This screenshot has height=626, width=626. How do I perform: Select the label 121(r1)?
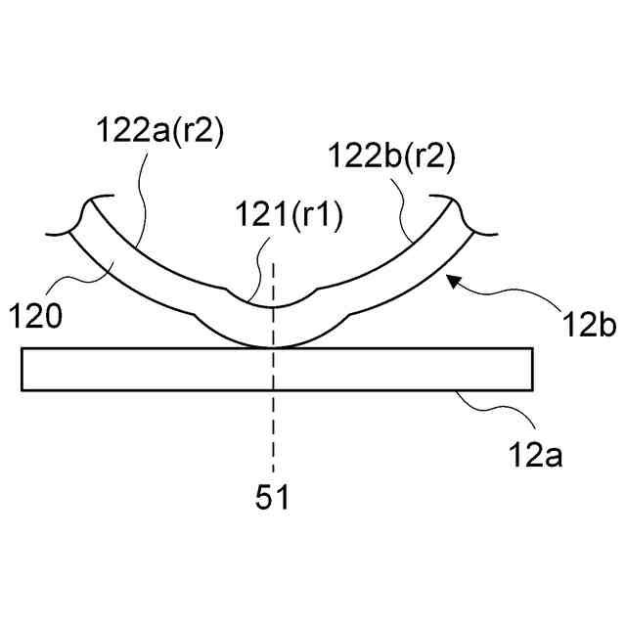coord(290,218)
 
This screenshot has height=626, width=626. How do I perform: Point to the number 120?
coord(36,315)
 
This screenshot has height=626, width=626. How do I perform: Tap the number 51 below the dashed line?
coord(273,498)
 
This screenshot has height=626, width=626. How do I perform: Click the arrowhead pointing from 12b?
coord(451,281)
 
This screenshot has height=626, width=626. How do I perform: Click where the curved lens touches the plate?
coord(275,346)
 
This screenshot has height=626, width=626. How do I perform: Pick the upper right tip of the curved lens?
coord(457,202)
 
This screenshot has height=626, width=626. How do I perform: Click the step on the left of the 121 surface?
coord(227,291)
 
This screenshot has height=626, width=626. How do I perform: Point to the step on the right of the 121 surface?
coord(320,291)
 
